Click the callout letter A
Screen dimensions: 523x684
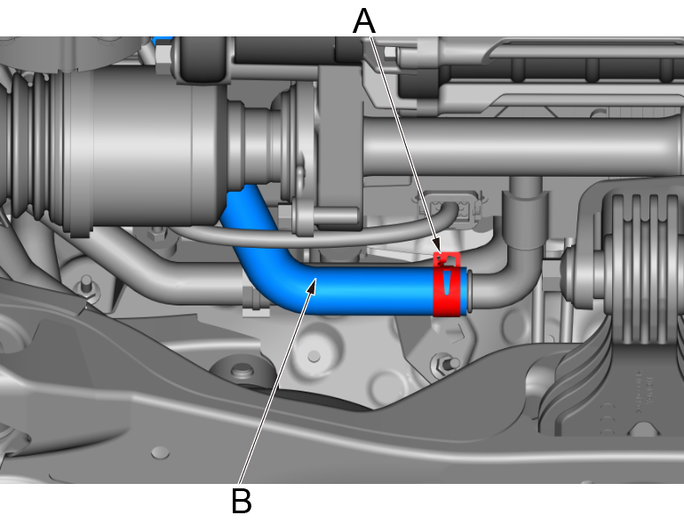363,19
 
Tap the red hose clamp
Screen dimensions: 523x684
447,284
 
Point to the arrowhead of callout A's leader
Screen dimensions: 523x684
438,251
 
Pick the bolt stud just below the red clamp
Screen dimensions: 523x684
444,361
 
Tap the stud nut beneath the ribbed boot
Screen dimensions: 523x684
88,286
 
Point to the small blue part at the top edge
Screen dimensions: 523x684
161,40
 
